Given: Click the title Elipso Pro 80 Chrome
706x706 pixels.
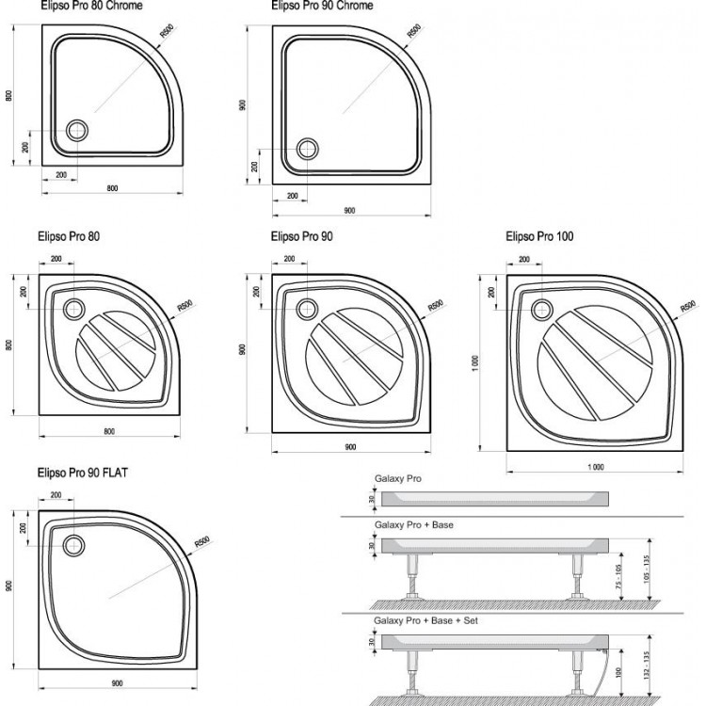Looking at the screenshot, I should (x=90, y=7).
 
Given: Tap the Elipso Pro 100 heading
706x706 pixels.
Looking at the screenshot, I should (x=539, y=236).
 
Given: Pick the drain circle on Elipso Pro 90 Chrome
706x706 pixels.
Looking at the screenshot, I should (x=307, y=148).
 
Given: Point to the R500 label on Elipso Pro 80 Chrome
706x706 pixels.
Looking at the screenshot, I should (x=167, y=32).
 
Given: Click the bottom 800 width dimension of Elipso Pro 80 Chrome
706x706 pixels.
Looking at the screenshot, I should (x=112, y=188).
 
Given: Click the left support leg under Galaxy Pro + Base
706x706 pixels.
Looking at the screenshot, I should (x=411, y=574).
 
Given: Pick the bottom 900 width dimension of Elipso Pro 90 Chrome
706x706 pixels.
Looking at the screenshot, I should (x=348, y=211).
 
